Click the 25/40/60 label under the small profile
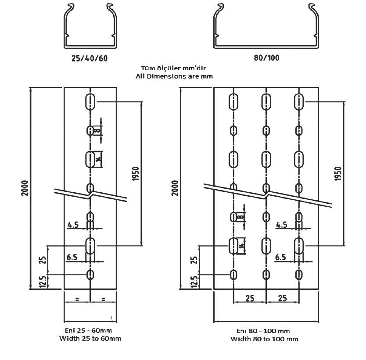pos(90,58)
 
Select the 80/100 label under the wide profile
pos(266,58)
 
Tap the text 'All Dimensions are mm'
pos(174,76)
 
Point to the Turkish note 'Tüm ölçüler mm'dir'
pos(173,68)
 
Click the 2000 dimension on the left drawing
pos(25,188)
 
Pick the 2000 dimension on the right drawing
pos(175,188)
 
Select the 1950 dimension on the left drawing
pos(136,173)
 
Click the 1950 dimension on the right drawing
pos(338,173)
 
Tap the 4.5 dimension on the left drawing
pos(73,225)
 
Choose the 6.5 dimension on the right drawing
pos(280,257)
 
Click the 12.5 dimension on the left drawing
pos(43,282)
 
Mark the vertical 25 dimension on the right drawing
pos(194,260)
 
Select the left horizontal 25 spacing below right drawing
pos(250,298)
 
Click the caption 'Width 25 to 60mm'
pos(90,338)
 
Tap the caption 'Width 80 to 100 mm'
pos(264,339)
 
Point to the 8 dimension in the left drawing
pos(97,130)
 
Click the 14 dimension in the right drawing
pos(242,245)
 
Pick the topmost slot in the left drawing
pos(90,101)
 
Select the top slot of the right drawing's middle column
pos(266,101)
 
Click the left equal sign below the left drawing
pos(77,299)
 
